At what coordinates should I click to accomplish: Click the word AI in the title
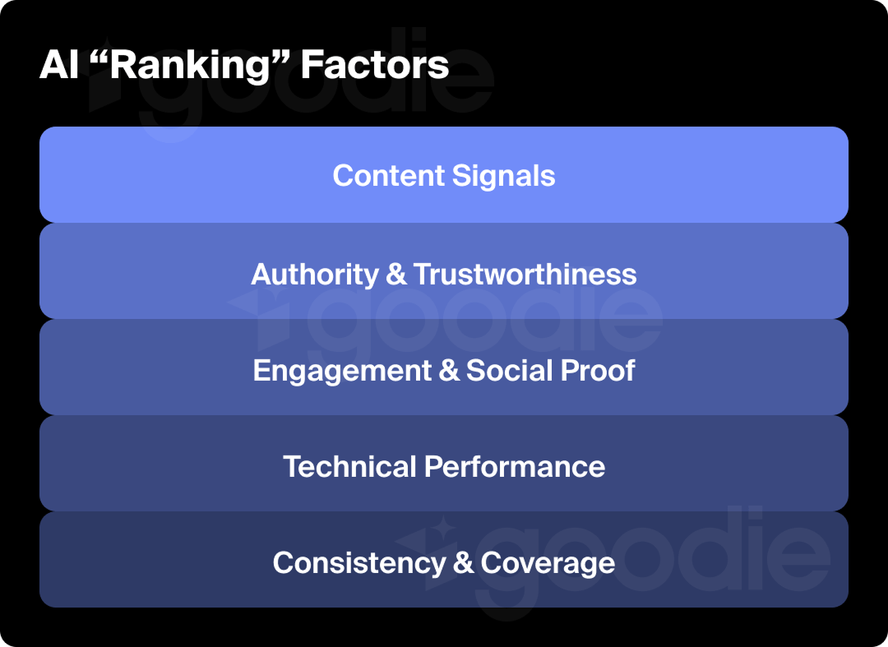[58, 65]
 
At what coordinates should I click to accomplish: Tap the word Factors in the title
[374, 65]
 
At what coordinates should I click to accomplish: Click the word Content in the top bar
[387, 176]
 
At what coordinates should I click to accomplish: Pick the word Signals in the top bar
[502, 176]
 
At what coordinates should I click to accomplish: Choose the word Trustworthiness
[525, 274]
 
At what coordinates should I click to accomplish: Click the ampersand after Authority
[396, 274]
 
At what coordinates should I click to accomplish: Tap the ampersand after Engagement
[449, 371]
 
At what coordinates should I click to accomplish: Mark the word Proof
[598, 371]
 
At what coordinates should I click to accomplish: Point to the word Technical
[349, 467]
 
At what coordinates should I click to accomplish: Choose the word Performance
[515, 467]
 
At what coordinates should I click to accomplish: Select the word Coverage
[548, 563]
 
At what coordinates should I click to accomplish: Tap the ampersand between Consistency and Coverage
[464, 563]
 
